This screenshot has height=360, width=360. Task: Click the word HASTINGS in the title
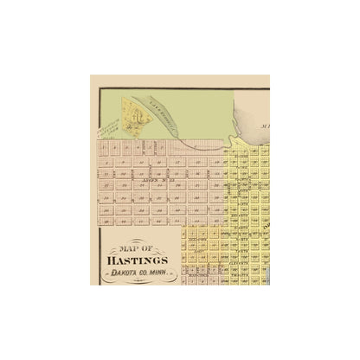pos(139,258)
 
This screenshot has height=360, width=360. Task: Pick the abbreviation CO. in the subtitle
pos(146,271)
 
